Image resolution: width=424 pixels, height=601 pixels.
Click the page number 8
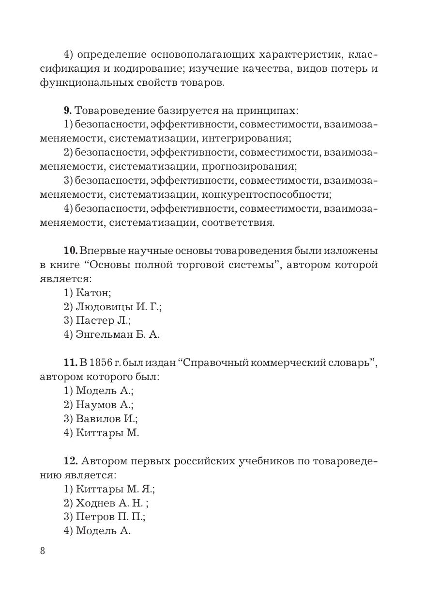pyautogui.click(x=43, y=551)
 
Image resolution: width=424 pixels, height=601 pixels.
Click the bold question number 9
pyautogui.click(x=67, y=111)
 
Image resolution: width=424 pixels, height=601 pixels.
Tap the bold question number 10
pyautogui.click(x=70, y=251)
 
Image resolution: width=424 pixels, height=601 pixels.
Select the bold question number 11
pyautogui.click(x=70, y=363)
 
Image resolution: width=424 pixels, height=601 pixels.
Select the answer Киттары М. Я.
pyautogui.click(x=109, y=489)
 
